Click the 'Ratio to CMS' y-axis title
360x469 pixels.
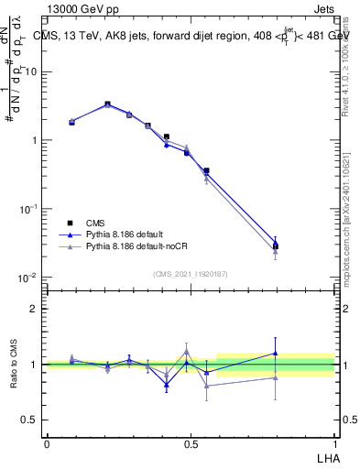(14, 364)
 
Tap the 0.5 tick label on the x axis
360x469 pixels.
(191, 444)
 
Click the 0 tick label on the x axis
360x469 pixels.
(47, 444)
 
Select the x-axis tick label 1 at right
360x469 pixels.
(334, 444)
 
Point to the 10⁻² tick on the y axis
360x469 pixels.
(29, 278)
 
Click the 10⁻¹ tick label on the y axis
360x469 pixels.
(29, 209)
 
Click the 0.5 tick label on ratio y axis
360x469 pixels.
(30, 420)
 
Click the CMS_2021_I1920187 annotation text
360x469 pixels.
(191, 273)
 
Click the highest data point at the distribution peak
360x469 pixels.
(107, 104)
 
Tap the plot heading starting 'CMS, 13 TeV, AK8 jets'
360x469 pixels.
(192, 37)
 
